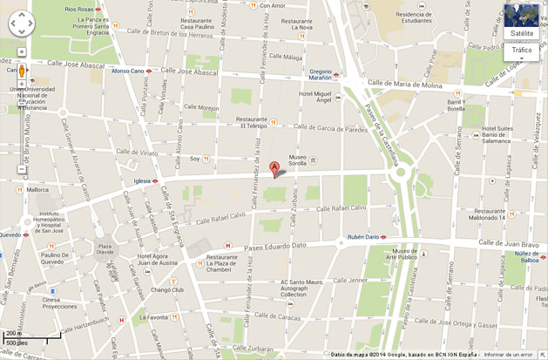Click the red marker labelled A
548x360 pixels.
click(x=274, y=168)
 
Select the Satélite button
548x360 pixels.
click(x=522, y=33)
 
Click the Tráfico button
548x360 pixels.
click(x=522, y=51)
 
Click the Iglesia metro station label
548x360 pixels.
click(x=142, y=181)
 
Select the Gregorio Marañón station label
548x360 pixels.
click(x=320, y=75)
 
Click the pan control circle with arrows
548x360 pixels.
click(x=22, y=24)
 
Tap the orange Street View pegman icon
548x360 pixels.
click(x=22, y=71)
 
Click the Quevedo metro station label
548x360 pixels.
click(x=10, y=234)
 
